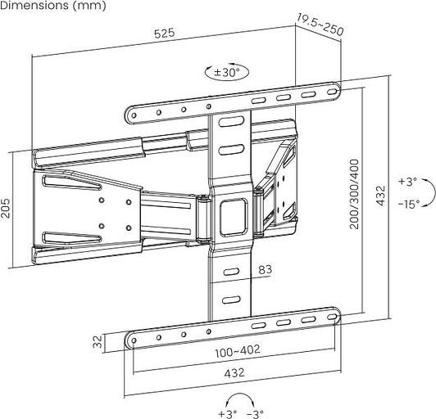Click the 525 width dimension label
(x=165, y=34)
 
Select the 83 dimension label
(x=265, y=270)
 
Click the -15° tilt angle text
(x=409, y=204)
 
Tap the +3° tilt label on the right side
(x=407, y=181)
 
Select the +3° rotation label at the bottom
(x=227, y=413)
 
